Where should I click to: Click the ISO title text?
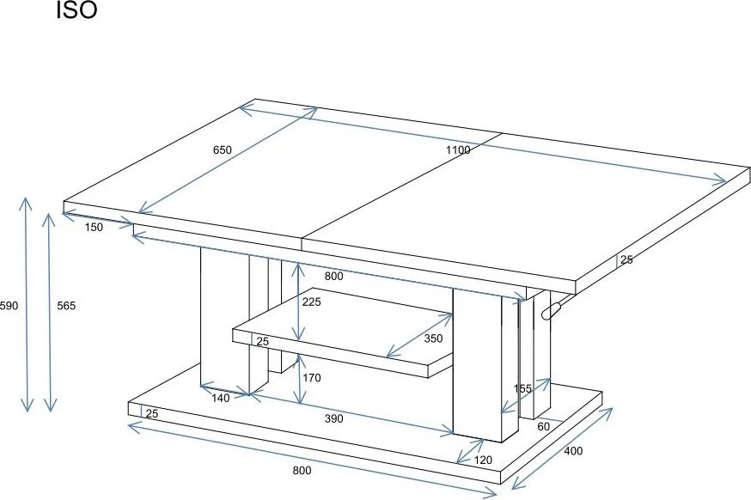(76, 10)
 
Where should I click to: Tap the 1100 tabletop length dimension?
(458, 149)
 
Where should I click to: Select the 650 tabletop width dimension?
(223, 149)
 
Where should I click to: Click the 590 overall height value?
(9, 306)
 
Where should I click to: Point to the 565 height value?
(66, 306)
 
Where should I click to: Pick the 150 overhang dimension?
(94, 228)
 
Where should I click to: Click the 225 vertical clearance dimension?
(311, 302)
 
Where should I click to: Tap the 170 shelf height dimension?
(311, 378)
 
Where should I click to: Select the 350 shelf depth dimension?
(433, 338)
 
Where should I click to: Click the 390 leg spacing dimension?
(334, 418)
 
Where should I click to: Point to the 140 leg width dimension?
(220, 398)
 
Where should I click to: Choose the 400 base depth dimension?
(573, 451)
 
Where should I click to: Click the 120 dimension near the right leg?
(483, 460)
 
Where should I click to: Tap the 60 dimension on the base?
(544, 426)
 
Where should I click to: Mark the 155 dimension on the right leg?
(522, 389)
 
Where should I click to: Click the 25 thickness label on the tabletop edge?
(626, 259)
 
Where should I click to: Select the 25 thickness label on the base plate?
(152, 414)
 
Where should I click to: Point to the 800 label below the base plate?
(302, 470)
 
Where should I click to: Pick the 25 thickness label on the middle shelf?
(262, 341)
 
